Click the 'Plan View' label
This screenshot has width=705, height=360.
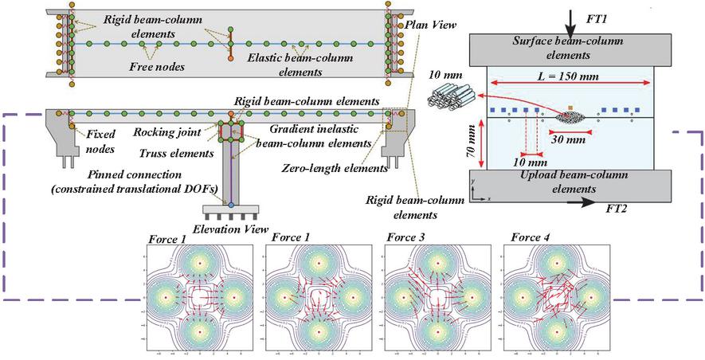pos(431,25)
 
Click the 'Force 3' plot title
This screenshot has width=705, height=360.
pos(405,237)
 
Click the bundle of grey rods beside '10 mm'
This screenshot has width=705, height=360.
pos(452,100)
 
